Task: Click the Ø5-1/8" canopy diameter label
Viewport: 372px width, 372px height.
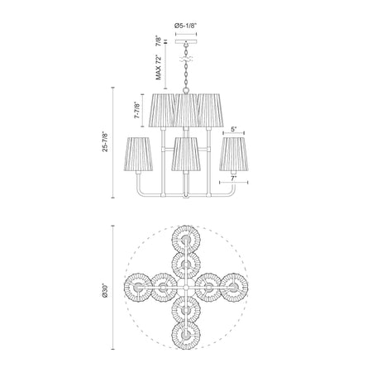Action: point(186,26)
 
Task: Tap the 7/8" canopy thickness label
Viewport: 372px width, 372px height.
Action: point(158,41)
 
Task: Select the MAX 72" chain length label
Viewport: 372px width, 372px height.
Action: point(159,67)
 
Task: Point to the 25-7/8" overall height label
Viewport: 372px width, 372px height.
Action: point(105,142)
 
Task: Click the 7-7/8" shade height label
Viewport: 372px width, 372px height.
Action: point(137,110)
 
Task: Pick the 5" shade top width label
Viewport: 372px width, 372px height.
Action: point(234,129)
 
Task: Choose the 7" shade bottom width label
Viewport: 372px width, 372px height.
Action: point(234,179)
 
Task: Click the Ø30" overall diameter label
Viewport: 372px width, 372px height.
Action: point(105,290)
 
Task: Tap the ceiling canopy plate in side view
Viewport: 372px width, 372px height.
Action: point(186,42)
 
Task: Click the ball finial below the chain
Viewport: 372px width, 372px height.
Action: point(186,90)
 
